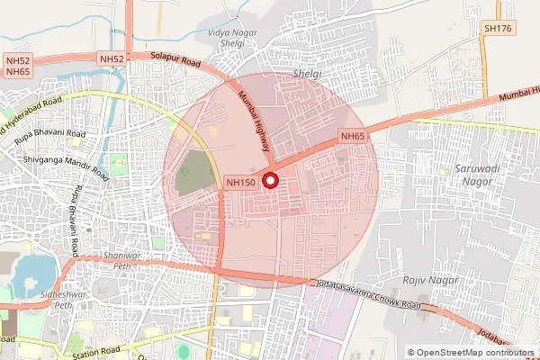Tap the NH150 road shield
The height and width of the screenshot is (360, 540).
coord(241,182)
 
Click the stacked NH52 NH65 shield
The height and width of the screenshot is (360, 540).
coord(17,65)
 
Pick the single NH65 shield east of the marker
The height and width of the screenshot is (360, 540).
coord(352,136)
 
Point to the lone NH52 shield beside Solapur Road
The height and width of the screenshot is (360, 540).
coord(112,59)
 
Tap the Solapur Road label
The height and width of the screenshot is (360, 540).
coord(176,62)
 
